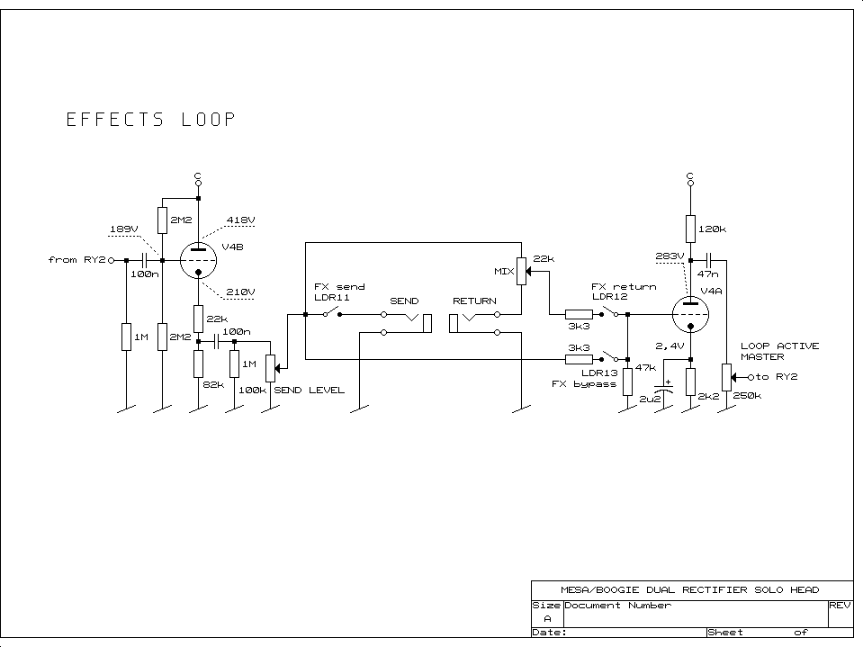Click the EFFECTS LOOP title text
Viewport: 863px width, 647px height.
(x=150, y=120)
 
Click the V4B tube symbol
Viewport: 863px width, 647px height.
(x=198, y=261)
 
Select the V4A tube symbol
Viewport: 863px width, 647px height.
(x=690, y=314)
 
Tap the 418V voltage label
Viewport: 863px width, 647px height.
(x=240, y=220)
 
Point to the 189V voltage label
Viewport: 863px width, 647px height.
(x=123, y=229)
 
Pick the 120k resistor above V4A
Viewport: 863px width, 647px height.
(x=690, y=229)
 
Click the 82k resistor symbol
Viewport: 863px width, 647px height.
(x=198, y=364)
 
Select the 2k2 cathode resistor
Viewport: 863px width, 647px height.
(x=690, y=382)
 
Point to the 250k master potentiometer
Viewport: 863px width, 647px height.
(x=725, y=377)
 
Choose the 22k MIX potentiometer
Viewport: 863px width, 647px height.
(x=520, y=270)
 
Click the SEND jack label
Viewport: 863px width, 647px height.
(x=404, y=301)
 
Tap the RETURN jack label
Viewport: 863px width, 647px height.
(x=474, y=301)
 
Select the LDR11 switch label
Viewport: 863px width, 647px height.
(x=331, y=297)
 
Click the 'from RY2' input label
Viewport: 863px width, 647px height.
(x=77, y=260)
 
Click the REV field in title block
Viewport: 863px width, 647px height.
(x=840, y=605)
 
